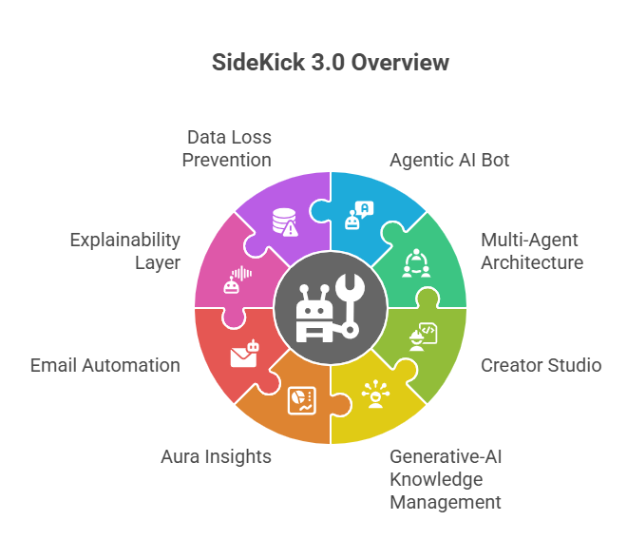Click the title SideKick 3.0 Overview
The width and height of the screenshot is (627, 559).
[x=330, y=64]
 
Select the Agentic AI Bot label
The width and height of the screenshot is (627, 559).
[x=449, y=160]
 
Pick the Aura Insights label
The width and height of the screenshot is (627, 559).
[x=216, y=456]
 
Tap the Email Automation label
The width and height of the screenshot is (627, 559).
[x=104, y=365]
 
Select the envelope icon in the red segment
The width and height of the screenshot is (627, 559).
[x=245, y=353]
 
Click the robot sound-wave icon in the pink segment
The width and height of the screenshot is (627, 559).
[x=237, y=279]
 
